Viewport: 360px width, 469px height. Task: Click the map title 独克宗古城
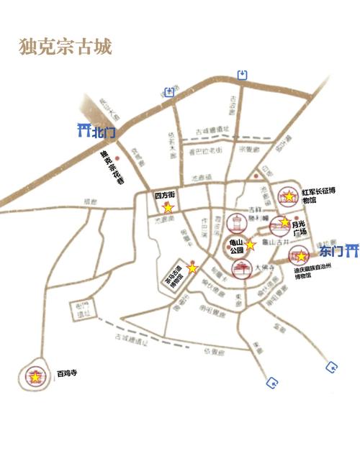[x=65, y=47]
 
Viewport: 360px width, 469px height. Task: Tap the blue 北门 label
[x=104, y=132]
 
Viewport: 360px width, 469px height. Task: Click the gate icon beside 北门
[x=84, y=131]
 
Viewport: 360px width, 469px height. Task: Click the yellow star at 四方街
[x=168, y=208]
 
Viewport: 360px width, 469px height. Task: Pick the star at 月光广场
[x=285, y=222]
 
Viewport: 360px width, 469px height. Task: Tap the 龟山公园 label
[x=235, y=247]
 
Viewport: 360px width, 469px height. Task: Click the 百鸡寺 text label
[x=66, y=374]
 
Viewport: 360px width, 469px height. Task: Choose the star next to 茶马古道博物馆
[x=192, y=268]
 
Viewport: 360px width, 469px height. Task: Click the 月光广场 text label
[x=300, y=229]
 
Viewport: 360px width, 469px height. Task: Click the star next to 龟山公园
[x=250, y=245]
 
